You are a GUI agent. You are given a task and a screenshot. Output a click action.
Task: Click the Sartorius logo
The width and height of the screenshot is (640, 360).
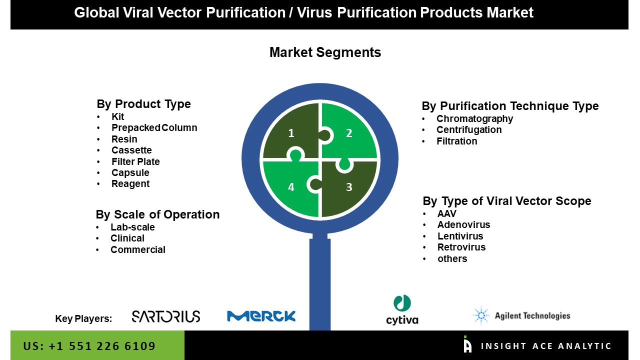[165, 316]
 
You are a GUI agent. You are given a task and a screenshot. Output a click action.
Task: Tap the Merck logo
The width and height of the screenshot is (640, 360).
[261, 316]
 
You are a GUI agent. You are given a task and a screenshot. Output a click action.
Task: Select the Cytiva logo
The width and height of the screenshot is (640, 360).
[402, 310]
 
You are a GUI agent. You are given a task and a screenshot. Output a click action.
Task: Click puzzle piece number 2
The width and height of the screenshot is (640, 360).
[349, 132]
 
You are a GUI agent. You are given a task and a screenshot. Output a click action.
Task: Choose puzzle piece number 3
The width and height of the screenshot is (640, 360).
[349, 187]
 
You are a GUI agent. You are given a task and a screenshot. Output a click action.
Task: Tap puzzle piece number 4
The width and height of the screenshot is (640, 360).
[291, 187]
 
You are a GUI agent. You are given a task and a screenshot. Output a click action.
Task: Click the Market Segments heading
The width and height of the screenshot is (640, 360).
[325, 52]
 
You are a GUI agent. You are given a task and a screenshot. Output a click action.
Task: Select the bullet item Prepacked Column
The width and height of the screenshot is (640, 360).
[154, 128]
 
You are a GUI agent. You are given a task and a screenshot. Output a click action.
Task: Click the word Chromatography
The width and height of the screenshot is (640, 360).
[474, 118]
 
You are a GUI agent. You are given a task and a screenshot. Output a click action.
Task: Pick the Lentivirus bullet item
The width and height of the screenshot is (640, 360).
[460, 236]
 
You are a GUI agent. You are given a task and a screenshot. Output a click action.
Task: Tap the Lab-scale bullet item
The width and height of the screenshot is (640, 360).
[132, 227]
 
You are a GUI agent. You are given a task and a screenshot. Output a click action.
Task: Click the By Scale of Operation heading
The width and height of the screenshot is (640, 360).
[157, 214]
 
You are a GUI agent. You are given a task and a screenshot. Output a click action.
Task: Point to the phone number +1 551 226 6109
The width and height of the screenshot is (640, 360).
[89, 346]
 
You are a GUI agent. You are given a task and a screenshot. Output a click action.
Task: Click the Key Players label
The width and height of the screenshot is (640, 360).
[83, 318]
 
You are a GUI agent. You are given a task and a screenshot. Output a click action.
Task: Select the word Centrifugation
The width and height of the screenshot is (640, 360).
[468, 130]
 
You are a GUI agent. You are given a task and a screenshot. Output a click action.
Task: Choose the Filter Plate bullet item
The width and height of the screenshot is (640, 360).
[135, 161]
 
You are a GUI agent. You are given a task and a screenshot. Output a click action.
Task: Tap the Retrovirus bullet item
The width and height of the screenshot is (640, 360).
[461, 247]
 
